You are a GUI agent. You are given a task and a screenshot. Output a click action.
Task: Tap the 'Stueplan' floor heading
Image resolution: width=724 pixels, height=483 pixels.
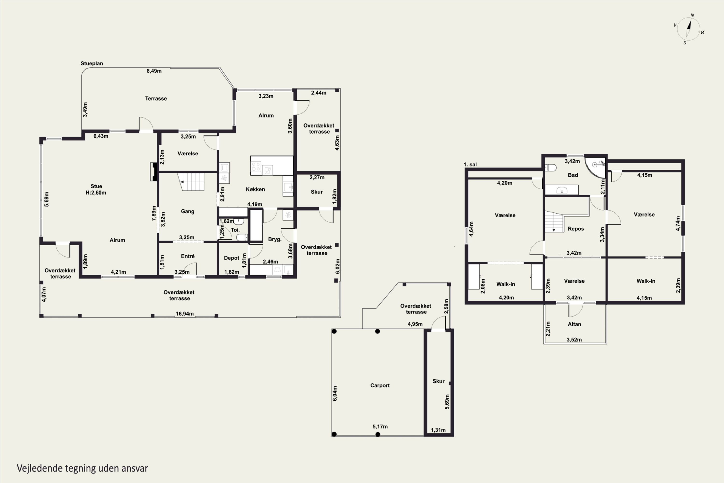tap(92, 64)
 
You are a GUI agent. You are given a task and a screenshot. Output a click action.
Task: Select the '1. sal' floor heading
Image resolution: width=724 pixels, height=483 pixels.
tap(470, 164)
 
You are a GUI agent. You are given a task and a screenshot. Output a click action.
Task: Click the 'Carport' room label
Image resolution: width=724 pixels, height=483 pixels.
tap(380, 385)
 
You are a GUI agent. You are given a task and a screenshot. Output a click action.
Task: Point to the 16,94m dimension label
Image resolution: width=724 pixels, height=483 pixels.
tap(185, 313)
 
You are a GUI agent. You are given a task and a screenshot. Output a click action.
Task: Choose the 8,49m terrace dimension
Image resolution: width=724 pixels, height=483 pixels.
tap(154, 71)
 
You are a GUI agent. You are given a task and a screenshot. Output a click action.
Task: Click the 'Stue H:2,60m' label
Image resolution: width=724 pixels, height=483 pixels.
tap(96, 189)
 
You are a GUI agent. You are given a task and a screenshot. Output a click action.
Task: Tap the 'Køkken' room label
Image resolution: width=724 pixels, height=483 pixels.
tap(255, 189)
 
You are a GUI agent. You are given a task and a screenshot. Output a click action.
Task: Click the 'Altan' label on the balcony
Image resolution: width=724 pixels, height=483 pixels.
tap(574, 324)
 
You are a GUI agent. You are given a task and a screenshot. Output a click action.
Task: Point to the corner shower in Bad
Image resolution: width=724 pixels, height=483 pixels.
tap(595, 168)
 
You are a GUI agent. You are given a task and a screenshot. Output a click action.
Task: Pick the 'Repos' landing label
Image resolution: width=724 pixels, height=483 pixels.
tap(576, 228)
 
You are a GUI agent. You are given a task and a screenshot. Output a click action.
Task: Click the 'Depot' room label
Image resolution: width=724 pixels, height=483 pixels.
tap(231, 258)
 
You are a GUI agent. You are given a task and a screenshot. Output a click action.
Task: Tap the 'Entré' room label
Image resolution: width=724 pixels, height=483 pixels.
tap(188, 256)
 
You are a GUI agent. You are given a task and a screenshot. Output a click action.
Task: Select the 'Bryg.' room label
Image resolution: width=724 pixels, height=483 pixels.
tap(275, 239)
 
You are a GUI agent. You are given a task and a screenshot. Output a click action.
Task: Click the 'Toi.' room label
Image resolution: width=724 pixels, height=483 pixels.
tap(235, 230)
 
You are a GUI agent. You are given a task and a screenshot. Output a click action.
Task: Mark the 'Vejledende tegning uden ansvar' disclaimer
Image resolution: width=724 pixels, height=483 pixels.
tap(82, 468)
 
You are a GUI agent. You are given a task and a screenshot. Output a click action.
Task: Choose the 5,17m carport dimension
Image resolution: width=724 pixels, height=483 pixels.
tap(380, 427)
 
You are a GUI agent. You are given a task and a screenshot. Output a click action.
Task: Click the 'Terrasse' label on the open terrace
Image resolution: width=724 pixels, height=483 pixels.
tap(156, 99)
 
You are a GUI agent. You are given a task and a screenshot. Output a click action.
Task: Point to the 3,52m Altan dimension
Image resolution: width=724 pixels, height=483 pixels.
tap(574, 340)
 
